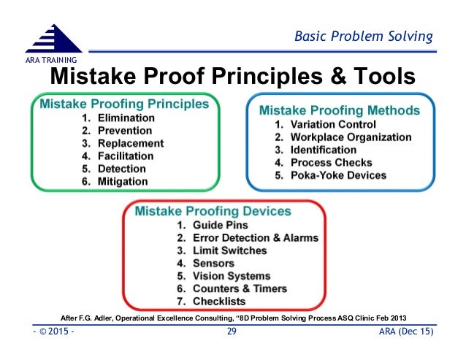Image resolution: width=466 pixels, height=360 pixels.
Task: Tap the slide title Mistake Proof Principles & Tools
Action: tap(232, 76)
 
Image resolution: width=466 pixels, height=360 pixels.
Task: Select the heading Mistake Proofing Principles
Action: tap(123, 104)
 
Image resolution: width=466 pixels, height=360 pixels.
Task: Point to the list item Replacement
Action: tap(131, 143)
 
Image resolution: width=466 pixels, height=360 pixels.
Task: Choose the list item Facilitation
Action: tap(126, 156)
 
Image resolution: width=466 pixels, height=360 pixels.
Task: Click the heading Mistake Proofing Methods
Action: tap(340, 111)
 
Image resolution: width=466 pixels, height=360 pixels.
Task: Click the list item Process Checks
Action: tap(331, 163)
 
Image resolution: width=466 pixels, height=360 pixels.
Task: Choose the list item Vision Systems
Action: tap(232, 276)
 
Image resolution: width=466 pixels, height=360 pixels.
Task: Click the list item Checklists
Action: tap(218, 301)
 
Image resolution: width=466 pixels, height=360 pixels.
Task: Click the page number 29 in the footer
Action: tap(232, 334)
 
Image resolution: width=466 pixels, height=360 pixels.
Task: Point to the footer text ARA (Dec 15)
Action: tap(408, 334)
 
